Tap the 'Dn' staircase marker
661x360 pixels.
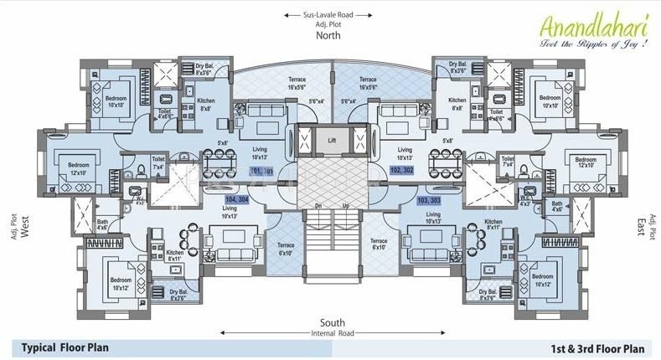click(x=318, y=205)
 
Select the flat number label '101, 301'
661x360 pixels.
click(x=262, y=171)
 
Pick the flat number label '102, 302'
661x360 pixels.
click(x=402, y=170)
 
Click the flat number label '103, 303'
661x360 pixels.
click(x=428, y=201)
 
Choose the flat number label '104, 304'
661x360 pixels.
click(x=238, y=201)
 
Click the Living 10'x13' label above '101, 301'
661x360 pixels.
click(x=260, y=153)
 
